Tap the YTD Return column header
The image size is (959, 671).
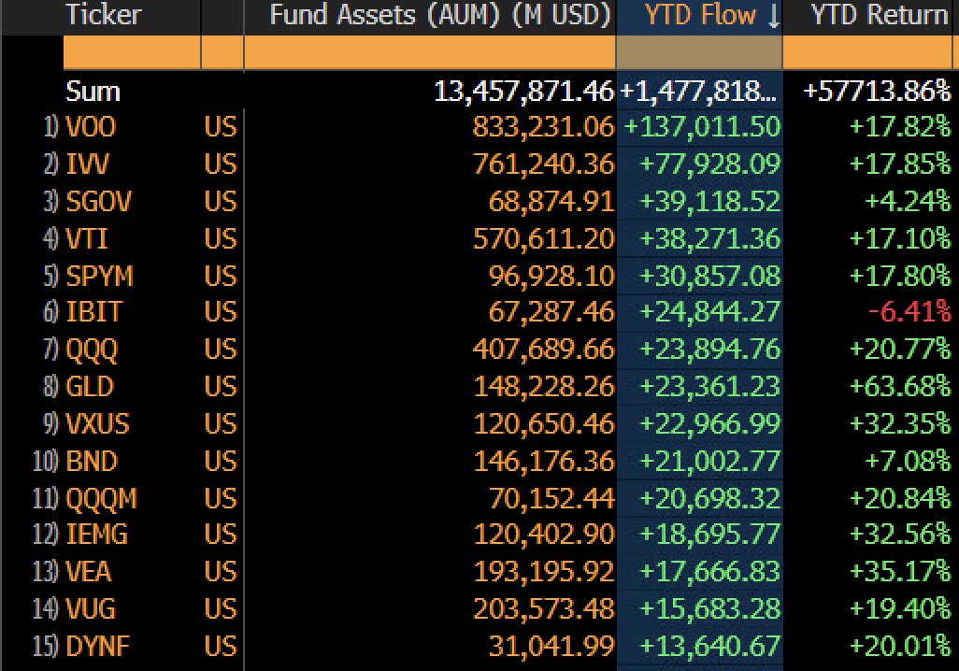(x=879, y=15)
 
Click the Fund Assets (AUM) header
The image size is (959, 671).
(x=439, y=15)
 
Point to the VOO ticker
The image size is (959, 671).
(x=91, y=127)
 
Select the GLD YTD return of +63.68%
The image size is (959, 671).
(x=900, y=387)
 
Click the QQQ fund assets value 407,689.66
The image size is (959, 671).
(x=551, y=350)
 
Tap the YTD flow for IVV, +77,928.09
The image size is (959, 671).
(x=708, y=164)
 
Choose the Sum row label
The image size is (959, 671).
(x=93, y=92)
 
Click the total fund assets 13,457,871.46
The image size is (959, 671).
(x=523, y=92)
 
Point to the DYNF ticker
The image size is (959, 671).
(x=98, y=647)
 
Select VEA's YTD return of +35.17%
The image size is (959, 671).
(x=900, y=572)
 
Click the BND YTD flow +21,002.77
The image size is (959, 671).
(x=708, y=461)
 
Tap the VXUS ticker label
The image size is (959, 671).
(x=97, y=423)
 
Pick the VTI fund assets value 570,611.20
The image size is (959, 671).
(x=551, y=238)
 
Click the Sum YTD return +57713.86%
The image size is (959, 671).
(x=877, y=92)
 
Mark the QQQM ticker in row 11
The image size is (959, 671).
(x=101, y=498)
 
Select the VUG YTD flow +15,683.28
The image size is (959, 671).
(x=708, y=609)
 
